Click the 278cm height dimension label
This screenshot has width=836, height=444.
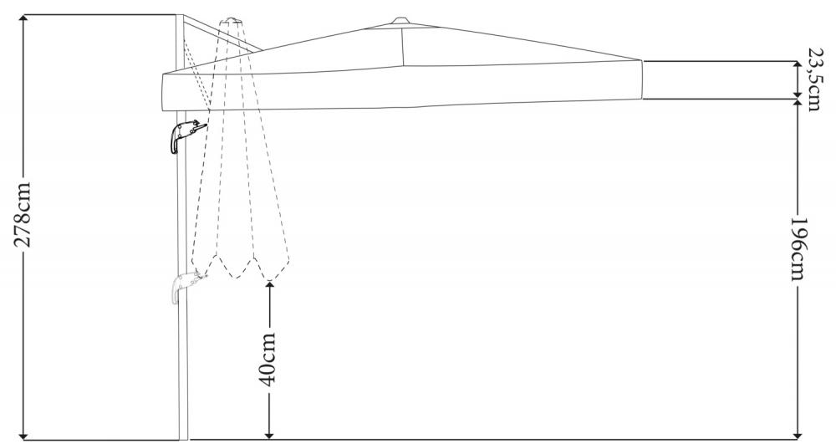click(x=23, y=214)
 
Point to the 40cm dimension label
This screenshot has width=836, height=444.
click(x=268, y=359)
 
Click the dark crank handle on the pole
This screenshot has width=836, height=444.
click(x=186, y=135)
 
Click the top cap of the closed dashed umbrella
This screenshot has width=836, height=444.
click(x=232, y=20)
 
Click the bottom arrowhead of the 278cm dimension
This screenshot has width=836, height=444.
click(x=23, y=435)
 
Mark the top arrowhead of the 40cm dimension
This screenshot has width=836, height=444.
click(x=270, y=286)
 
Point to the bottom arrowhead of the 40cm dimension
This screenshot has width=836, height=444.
click(x=270, y=434)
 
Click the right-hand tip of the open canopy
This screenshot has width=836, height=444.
click(x=642, y=60)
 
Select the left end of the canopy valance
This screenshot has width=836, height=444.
click(x=161, y=93)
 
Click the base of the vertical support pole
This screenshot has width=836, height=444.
click(x=183, y=439)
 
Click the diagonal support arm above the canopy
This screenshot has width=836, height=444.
click(x=222, y=33)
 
